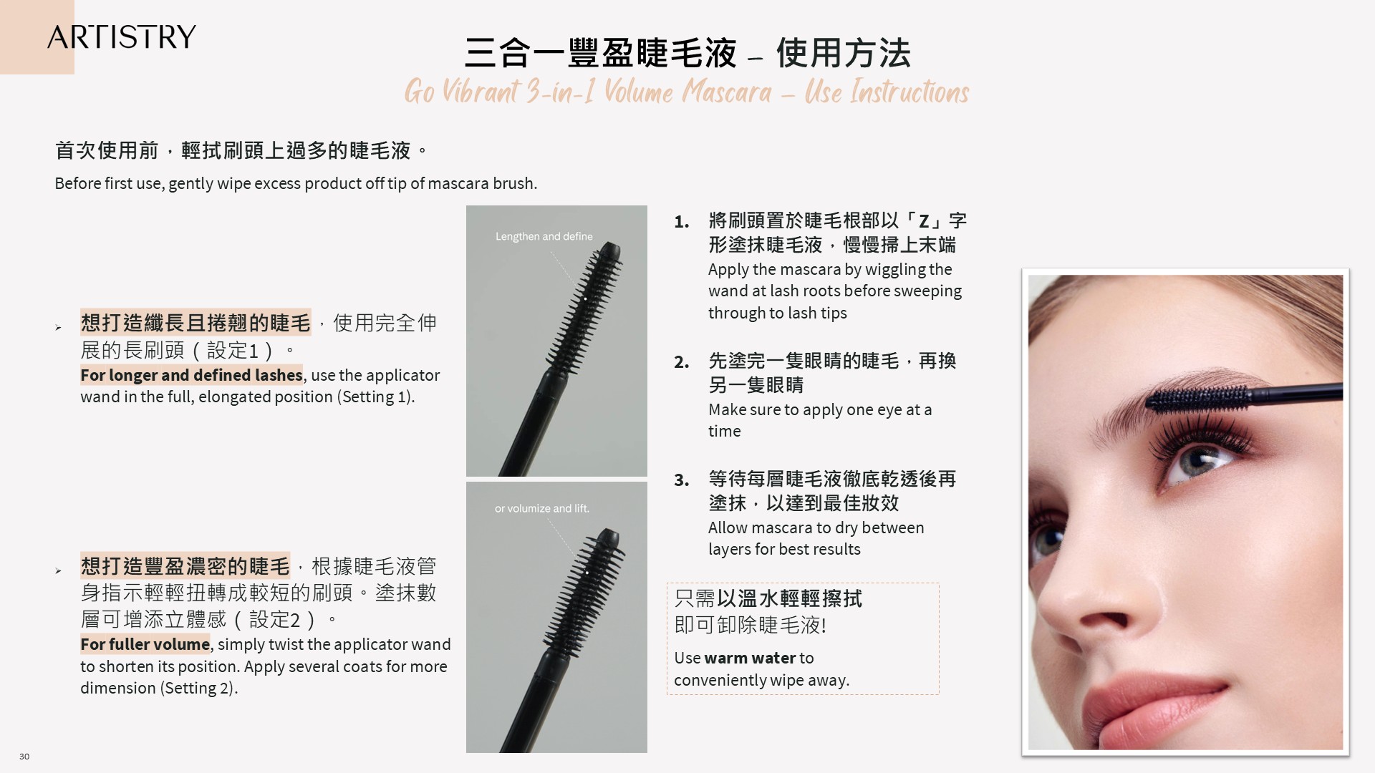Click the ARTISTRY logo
[x=121, y=37]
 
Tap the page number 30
[x=24, y=757]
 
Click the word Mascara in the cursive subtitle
[x=726, y=92]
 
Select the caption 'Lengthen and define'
[x=544, y=236]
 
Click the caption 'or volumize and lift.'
[x=541, y=508]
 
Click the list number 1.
[x=681, y=222]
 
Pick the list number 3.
[x=681, y=480]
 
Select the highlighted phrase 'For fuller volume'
[x=145, y=644]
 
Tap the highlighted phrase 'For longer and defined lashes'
[x=191, y=375]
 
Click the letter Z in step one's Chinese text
[x=923, y=221]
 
